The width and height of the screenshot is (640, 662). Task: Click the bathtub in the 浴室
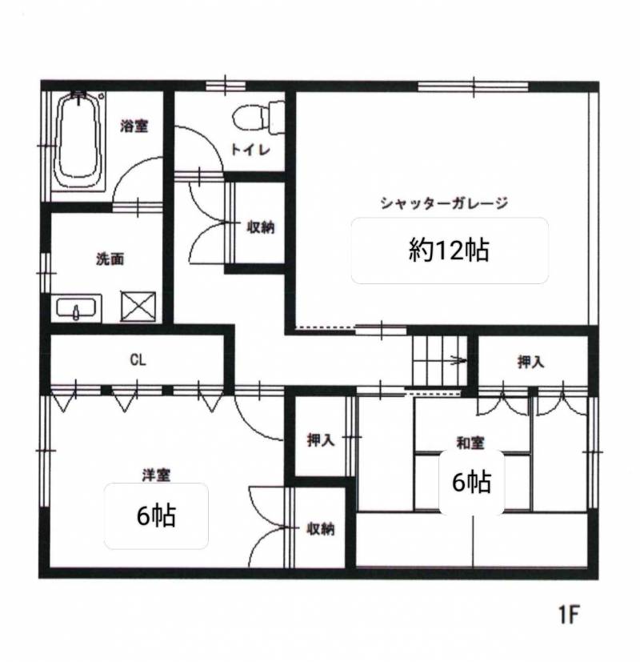[80, 141]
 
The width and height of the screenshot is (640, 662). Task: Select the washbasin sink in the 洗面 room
[76, 307]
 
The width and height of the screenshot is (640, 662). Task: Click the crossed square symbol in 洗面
[138, 306]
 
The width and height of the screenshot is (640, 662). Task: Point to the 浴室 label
[134, 126]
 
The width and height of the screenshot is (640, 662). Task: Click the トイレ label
[250, 150]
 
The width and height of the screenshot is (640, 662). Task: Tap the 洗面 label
[110, 259]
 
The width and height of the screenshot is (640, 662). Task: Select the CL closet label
[138, 359]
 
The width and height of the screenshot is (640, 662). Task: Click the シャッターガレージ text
[444, 203]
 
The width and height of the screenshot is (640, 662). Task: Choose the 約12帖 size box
[450, 251]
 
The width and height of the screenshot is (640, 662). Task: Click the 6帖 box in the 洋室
[156, 516]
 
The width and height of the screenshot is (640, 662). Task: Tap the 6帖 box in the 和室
[472, 483]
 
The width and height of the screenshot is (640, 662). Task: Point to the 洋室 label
[156, 475]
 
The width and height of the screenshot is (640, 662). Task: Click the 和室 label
[470, 443]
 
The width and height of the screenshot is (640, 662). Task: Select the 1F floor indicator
[569, 614]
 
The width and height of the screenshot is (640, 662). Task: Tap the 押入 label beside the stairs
[530, 362]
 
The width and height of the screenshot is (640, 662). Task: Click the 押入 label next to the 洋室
[321, 440]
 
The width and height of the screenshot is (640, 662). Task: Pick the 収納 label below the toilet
[260, 227]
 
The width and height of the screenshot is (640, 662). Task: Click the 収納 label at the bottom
[321, 528]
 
